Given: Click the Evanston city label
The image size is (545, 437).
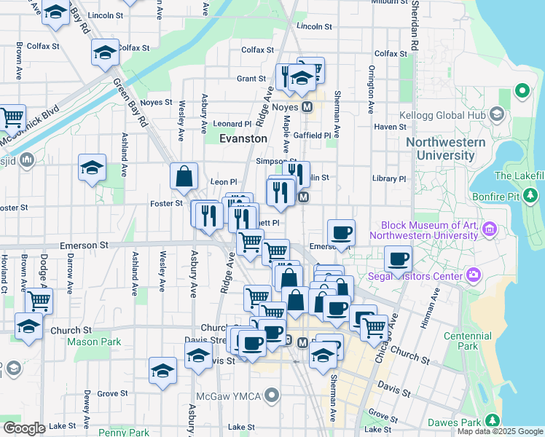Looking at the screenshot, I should [x=243, y=138].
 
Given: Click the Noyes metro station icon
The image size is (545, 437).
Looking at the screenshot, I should [x=307, y=106].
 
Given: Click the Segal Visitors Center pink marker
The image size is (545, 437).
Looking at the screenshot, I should [x=474, y=275].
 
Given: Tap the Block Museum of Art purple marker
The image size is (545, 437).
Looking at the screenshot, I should [x=489, y=230].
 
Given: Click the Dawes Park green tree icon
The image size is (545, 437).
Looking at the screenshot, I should [x=493, y=421].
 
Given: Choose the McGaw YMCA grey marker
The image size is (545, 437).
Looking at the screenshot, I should [x=272, y=396].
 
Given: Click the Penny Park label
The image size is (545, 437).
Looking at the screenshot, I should [x=123, y=433].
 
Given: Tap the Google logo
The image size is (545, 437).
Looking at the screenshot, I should [x=24, y=428].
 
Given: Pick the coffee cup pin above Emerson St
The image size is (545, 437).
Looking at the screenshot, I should [x=341, y=233].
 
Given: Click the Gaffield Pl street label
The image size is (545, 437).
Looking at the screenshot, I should [x=317, y=135].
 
